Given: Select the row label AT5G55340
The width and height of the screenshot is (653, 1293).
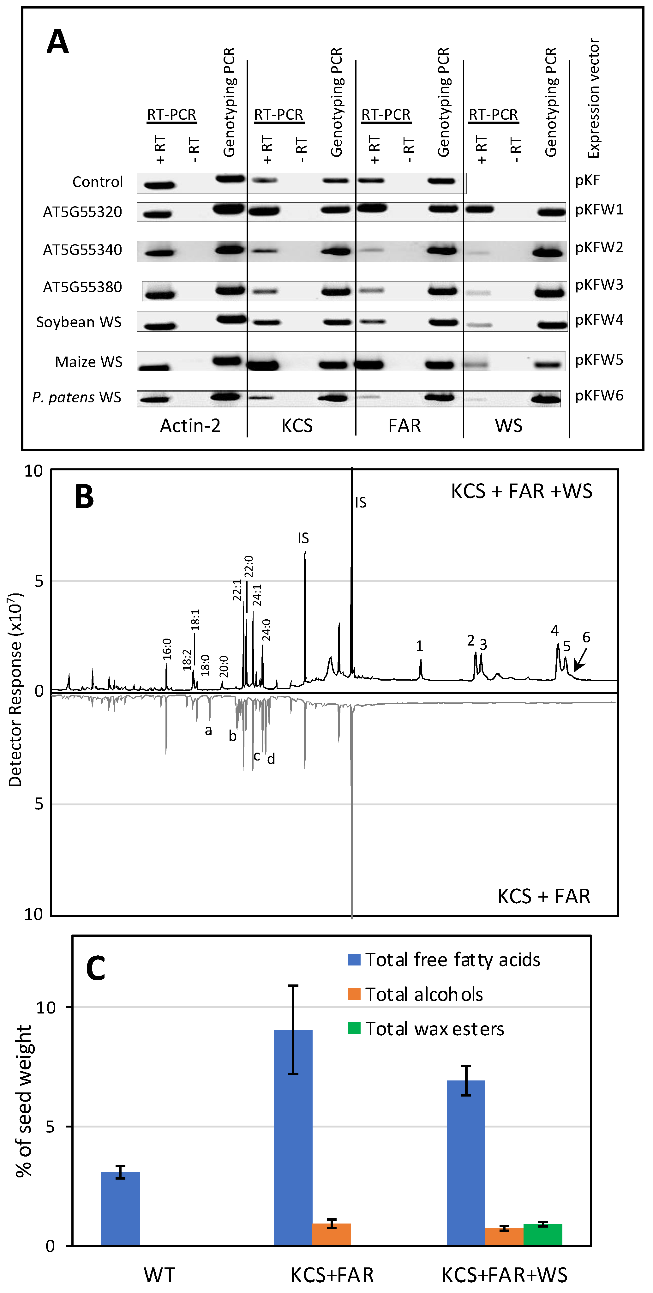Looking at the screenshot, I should [x=82, y=250].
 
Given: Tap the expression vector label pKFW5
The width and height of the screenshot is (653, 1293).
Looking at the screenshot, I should [x=599, y=360].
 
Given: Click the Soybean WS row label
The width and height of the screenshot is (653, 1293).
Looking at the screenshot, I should [x=79, y=322].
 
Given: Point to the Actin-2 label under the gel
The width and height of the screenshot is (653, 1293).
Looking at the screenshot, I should [x=190, y=426].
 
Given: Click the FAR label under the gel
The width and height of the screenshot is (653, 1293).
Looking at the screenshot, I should [x=404, y=426].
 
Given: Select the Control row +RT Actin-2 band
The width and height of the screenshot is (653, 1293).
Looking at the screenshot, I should [x=159, y=185].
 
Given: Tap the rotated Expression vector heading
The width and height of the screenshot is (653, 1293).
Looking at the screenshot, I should [x=593, y=99].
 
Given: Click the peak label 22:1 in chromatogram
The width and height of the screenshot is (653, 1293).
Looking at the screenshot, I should [x=237, y=590].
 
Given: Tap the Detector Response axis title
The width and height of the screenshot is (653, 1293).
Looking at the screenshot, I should [x=15, y=690].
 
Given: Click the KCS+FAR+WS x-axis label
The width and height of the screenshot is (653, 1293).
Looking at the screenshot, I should [x=504, y=1275].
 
